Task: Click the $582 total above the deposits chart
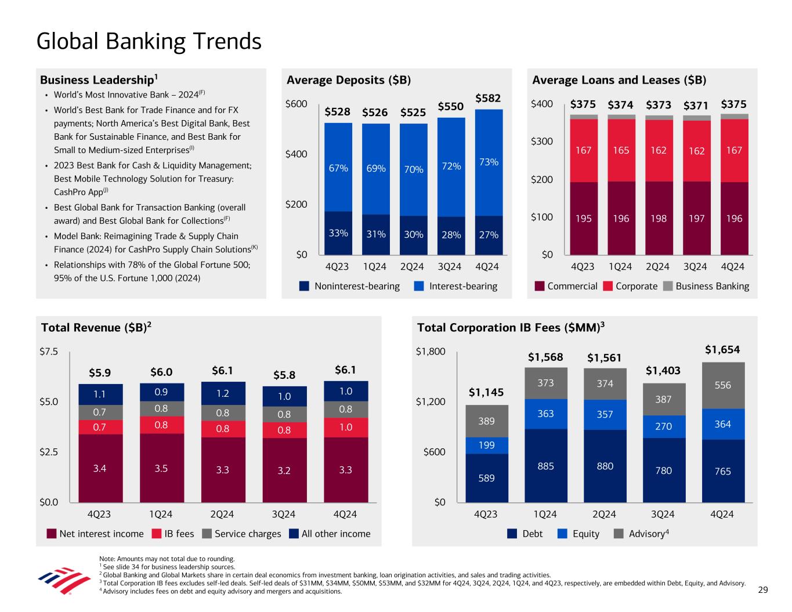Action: pos(488,98)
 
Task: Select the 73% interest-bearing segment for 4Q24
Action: pos(489,162)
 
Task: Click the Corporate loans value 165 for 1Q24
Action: pos(621,150)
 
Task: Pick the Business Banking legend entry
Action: pos(706,286)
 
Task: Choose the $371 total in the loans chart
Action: pos(696,106)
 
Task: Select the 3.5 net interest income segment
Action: pos(161,468)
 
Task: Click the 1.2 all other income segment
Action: pos(222,393)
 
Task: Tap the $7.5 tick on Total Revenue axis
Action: pos(48,352)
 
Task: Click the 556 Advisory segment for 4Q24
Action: pos(722,385)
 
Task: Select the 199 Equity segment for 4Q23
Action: pos(487,446)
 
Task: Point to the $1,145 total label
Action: pos(486,393)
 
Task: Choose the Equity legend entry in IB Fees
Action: pos(578,534)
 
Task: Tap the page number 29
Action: pos(763,590)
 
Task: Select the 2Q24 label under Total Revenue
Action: pos(222,515)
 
